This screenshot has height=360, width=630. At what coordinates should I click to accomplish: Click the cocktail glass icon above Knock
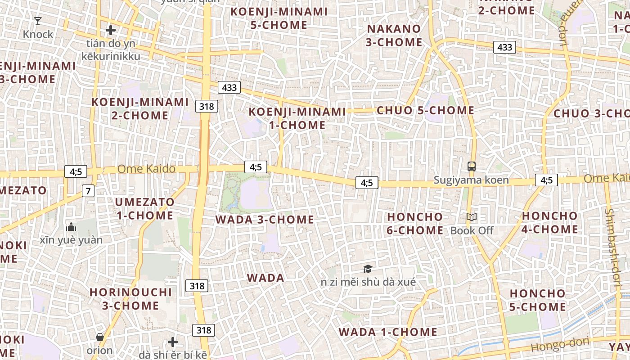tap(38, 21)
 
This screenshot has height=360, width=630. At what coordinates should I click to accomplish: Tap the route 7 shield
tap(88, 191)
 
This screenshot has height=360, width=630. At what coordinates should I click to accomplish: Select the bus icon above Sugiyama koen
tap(471, 166)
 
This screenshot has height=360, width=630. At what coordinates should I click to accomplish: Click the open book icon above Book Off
tap(471, 217)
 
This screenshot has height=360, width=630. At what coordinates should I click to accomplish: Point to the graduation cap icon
tap(368, 269)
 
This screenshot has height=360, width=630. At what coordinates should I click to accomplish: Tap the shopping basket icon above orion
tap(100, 337)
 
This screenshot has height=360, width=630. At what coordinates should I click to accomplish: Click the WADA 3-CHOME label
tap(265, 220)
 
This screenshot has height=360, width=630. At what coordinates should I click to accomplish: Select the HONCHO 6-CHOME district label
tap(415, 224)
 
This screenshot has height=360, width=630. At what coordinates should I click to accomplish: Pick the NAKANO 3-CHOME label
tap(394, 36)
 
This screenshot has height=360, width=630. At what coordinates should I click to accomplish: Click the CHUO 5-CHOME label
tap(425, 110)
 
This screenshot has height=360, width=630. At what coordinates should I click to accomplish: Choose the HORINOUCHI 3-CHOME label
tap(130, 299)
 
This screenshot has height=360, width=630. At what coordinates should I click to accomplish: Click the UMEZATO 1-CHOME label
tap(144, 208)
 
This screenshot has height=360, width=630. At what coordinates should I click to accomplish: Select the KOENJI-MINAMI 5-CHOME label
tap(279, 18)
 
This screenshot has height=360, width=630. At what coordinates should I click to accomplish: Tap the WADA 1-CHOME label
tap(388, 332)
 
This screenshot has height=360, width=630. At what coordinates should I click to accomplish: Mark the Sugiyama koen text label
tap(471, 180)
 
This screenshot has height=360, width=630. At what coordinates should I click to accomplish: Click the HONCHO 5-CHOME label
tap(537, 300)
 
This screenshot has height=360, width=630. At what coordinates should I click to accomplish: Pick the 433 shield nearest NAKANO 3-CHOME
tap(504, 47)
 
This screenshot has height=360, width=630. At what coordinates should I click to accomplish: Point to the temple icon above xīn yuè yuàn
tap(71, 226)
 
